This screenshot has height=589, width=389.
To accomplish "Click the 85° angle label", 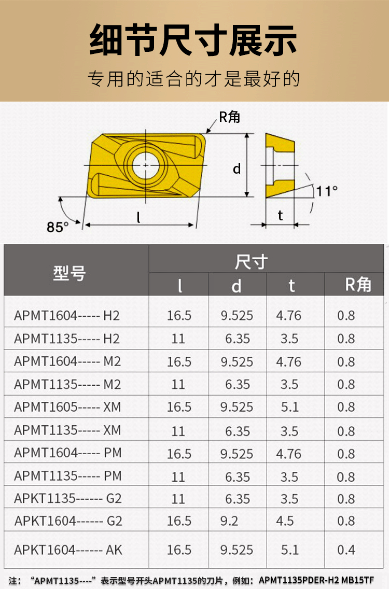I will click(x=58, y=227).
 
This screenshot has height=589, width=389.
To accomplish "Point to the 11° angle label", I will click(x=327, y=191).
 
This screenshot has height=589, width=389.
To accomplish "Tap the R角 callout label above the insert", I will click(x=229, y=117).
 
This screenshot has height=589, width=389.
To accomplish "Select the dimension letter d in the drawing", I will click(x=237, y=169).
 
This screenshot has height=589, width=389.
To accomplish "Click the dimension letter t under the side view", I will click(x=280, y=215).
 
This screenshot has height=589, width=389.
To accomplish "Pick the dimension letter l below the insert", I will click(x=138, y=218).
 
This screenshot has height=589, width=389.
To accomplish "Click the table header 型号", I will click(x=69, y=274).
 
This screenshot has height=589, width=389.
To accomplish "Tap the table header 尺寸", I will click(x=251, y=262).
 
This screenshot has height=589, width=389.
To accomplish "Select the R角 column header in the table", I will click(x=358, y=285).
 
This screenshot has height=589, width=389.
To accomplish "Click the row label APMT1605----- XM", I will click(x=67, y=407).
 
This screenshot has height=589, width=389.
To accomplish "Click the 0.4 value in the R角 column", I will click(x=346, y=550).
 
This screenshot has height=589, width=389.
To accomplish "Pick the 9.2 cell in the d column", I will click(x=229, y=521).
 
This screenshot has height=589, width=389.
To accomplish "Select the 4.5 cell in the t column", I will click(x=285, y=521).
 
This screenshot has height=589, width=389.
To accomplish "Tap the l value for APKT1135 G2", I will click(x=178, y=499).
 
